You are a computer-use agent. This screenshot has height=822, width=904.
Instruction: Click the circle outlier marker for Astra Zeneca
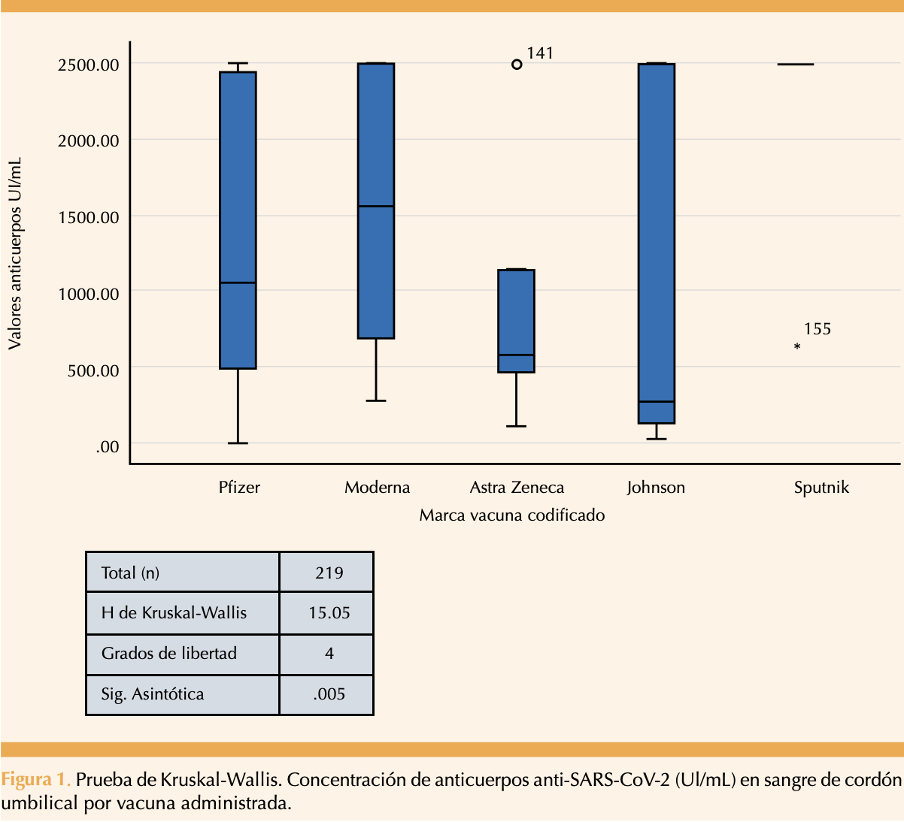click(517, 65)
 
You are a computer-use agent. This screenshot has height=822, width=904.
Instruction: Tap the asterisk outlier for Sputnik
click(797, 346)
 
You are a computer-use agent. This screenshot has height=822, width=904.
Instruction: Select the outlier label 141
click(540, 53)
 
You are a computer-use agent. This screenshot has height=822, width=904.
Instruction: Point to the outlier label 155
click(818, 329)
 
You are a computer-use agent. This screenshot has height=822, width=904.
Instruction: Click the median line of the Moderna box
click(376, 207)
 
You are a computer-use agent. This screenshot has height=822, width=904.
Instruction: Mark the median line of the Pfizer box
click(238, 283)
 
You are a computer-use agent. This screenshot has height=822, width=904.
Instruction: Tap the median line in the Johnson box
click(657, 401)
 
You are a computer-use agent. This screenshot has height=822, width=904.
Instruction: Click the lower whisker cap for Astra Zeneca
click(517, 426)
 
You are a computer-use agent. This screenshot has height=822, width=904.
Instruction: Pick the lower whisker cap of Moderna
click(376, 400)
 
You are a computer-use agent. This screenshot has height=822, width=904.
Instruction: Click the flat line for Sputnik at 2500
click(796, 65)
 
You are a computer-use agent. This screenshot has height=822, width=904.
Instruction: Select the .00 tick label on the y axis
click(108, 447)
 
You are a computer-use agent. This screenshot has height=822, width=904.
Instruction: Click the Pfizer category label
click(239, 488)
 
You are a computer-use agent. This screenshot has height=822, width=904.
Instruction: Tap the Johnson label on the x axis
click(656, 488)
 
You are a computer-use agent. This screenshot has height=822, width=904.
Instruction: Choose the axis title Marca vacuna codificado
click(512, 515)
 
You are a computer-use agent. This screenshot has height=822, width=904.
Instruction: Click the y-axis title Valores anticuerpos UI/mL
click(15, 253)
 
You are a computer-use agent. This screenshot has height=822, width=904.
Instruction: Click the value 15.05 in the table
click(329, 612)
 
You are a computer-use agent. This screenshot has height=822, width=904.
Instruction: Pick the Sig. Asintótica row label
click(153, 694)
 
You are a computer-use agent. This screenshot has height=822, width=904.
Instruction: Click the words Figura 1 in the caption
click(35, 780)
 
